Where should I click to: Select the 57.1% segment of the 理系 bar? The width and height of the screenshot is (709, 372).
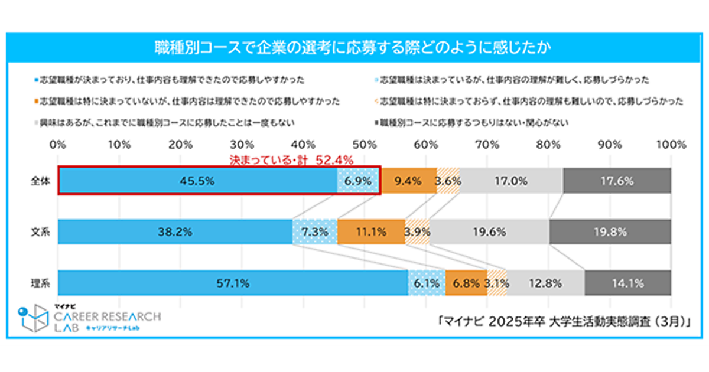click(233, 283)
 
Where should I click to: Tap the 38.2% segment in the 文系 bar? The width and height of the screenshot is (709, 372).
click(175, 232)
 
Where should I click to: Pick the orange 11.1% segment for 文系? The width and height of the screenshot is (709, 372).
click(371, 232)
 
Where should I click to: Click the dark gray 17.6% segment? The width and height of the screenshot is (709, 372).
click(617, 181)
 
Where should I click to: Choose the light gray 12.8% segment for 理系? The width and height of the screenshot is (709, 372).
click(545, 283)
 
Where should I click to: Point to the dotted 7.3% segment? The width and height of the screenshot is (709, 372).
click(315, 232)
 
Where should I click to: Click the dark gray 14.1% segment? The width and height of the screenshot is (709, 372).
click(627, 283)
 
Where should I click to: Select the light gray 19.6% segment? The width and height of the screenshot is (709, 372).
click(489, 232)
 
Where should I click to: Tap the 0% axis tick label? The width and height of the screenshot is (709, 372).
click(58, 144)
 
